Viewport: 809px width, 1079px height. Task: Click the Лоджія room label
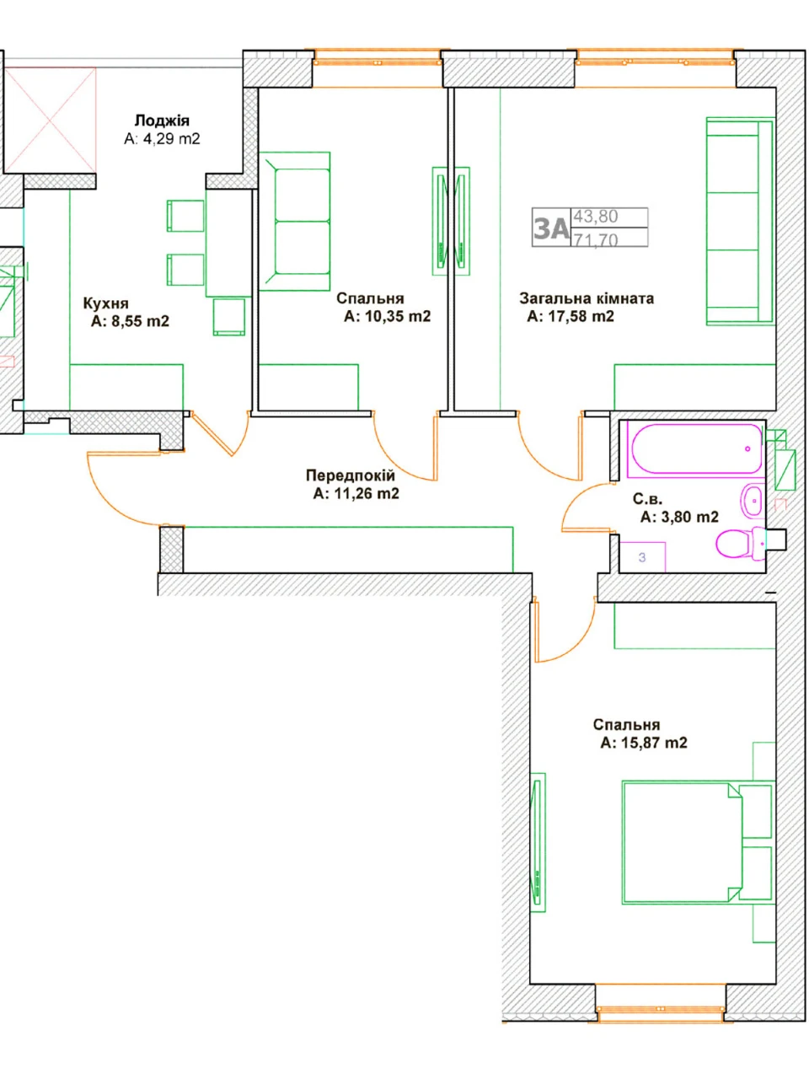click(162, 121)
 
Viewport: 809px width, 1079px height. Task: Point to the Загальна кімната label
click(587, 298)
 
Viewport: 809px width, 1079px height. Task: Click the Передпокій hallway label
click(351, 475)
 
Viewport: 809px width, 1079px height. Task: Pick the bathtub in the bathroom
click(696, 449)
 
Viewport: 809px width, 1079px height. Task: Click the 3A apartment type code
click(551, 228)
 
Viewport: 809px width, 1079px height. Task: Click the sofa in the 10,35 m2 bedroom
click(294, 221)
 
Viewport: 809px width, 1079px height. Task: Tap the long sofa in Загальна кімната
click(740, 221)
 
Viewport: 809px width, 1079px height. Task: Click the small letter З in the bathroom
click(642, 557)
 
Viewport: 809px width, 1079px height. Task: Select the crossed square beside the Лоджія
click(50, 120)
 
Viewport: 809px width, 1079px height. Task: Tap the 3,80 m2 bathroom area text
click(679, 517)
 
